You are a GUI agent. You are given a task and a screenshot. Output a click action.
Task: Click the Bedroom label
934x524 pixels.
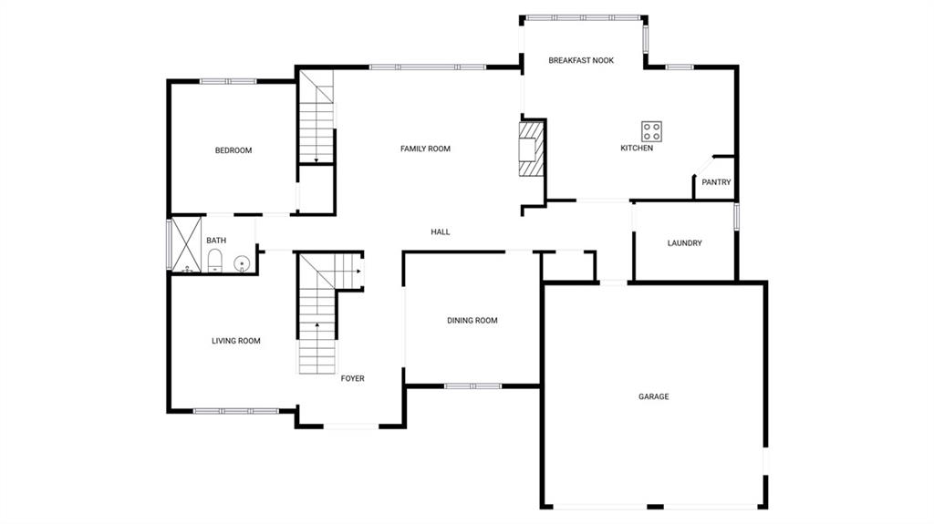pyautogui.click(x=233, y=150)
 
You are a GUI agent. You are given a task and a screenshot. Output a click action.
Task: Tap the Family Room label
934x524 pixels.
pyautogui.click(x=425, y=149)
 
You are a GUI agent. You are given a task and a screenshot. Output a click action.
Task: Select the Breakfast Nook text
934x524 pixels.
pyautogui.click(x=581, y=60)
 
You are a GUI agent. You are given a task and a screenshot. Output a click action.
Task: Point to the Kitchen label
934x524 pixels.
pyautogui.click(x=637, y=148)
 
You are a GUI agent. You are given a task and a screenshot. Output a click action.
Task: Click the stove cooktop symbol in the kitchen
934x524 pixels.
pyautogui.click(x=651, y=130)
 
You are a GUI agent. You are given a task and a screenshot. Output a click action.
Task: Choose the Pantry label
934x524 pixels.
pyautogui.click(x=716, y=182)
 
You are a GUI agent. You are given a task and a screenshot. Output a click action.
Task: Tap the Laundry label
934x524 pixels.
pyautogui.click(x=684, y=243)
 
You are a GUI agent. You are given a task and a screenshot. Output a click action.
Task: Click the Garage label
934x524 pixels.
pyautogui.click(x=653, y=396)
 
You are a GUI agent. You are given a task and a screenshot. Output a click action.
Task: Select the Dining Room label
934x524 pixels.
pyautogui.click(x=472, y=320)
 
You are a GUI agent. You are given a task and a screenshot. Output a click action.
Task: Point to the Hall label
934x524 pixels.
pyautogui.click(x=441, y=231)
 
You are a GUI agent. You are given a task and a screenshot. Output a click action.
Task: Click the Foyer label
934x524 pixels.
pyautogui.click(x=353, y=378)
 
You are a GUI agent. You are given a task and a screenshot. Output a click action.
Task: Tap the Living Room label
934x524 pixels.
pyautogui.click(x=236, y=341)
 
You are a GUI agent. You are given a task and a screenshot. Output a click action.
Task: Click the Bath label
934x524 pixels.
pyautogui.click(x=216, y=241)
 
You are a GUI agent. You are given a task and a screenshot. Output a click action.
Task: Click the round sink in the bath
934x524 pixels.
pyautogui.click(x=242, y=263)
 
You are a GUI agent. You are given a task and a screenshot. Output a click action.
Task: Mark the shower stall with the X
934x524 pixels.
pyautogui.click(x=187, y=243)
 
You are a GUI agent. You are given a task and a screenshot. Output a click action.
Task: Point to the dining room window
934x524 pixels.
pyautogui.click(x=472, y=386)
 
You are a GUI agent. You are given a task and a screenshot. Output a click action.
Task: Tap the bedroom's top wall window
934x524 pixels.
pyautogui.click(x=228, y=81)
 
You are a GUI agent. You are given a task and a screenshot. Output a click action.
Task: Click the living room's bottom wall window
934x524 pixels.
pyautogui.click(x=236, y=411)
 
